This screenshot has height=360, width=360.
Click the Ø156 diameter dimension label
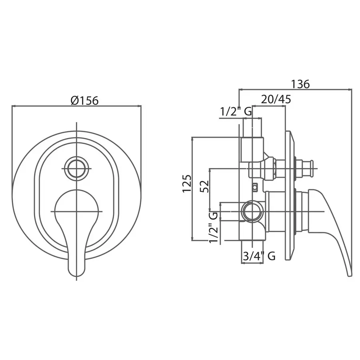pyautogui.click(x=85, y=100)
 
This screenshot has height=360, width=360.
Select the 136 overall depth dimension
pyautogui.click(x=300, y=84)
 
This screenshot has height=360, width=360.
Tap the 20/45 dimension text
pyautogui.click(x=276, y=100)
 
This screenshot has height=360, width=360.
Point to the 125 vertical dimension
pyautogui.click(x=187, y=184)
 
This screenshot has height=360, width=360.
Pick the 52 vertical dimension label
pyautogui.click(x=204, y=186)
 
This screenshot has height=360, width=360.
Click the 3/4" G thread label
pyautogui.click(x=259, y=256)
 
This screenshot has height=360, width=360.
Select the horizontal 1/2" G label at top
pyautogui.click(x=236, y=112)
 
